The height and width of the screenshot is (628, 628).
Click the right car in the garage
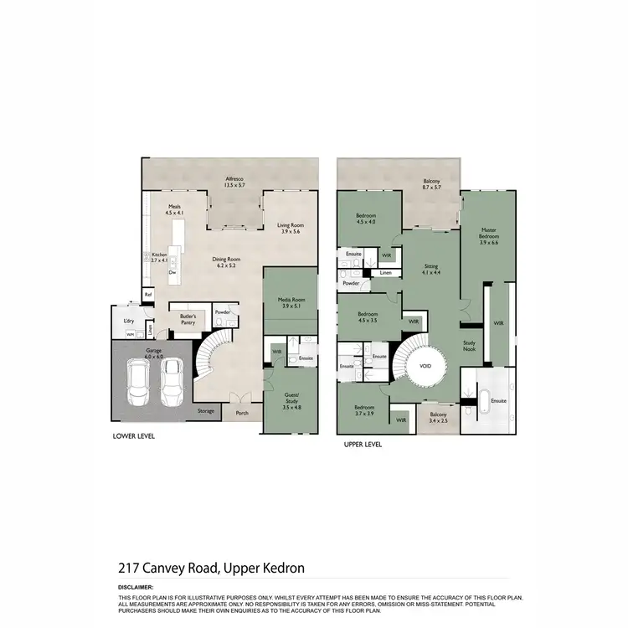(x=172, y=382)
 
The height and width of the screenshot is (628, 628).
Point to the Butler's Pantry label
(x=188, y=318)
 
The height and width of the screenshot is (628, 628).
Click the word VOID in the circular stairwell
(x=425, y=365)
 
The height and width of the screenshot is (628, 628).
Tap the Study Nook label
(x=469, y=346)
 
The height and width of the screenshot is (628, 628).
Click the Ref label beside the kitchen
(x=148, y=295)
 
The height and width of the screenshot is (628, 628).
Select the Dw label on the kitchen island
(x=172, y=273)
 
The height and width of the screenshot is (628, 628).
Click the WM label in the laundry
(x=130, y=334)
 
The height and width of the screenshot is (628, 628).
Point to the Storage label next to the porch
(x=206, y=411)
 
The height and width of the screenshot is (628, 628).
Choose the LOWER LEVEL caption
(x=133, y=437)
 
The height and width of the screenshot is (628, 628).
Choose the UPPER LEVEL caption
(x=363, y=445)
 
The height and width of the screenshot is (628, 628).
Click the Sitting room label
(x=430, y=269)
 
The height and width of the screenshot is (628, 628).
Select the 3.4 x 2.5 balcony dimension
(x=439, y=420)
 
